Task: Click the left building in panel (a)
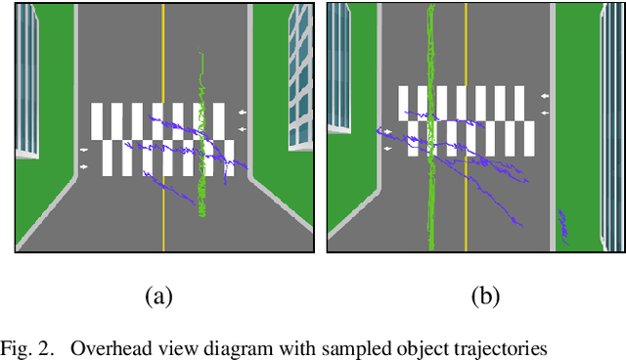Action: click(x=27, y=78)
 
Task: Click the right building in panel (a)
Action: click(x=299, y=78)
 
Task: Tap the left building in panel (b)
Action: click(x=338, y=65)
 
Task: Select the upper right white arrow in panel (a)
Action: click(x=244, y=112)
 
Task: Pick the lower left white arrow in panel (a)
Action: click(x=83, y=167)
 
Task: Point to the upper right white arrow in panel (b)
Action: click(x=545, y=96)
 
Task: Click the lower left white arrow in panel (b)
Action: click(x=388, y=149)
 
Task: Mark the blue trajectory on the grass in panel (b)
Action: click(x=565, y=224)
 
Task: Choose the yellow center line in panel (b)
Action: click(x=466, y=59)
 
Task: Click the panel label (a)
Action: click(x=158, y=296)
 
